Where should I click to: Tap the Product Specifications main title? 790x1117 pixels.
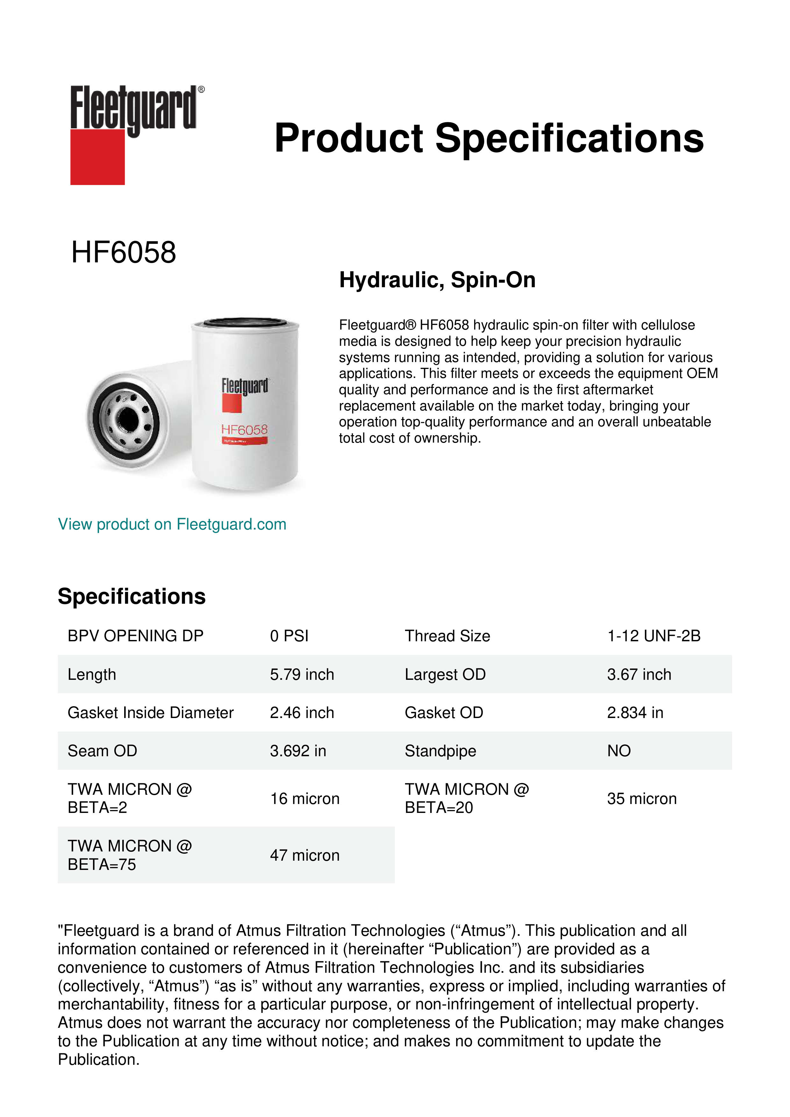click(488, 138)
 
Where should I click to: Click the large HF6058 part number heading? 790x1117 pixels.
click(124, 253)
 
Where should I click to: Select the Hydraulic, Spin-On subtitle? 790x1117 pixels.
click(437, 280)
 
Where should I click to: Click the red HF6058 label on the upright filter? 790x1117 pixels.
click(244, 429)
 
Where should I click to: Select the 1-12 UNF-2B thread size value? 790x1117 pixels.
click(653, 636)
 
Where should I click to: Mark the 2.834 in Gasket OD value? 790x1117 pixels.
click(635, 713)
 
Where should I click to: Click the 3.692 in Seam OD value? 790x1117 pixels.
click(298, 751)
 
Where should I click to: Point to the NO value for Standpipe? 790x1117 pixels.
click(618, 751)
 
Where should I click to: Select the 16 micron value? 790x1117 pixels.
click(304, 798)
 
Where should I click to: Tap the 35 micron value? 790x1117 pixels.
click(642, 798)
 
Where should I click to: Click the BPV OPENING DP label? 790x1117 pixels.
click(135, 636)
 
